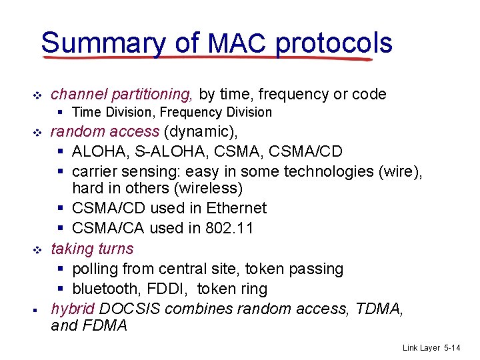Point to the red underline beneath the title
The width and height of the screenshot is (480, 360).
pyautogui.click(x=207, y=59)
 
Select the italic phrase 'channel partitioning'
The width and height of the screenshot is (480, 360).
pyautogui.click(x=123, y=94)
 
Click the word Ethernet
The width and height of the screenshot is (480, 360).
pyautogui.click(x=236, y=208)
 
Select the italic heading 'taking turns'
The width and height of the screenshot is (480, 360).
pyautogui.click(x=92, y=249)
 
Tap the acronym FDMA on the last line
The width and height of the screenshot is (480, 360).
pyautogui.click(x=105, y=326)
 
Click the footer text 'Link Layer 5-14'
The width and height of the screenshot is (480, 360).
pyautogui.click(x=431, y=348)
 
